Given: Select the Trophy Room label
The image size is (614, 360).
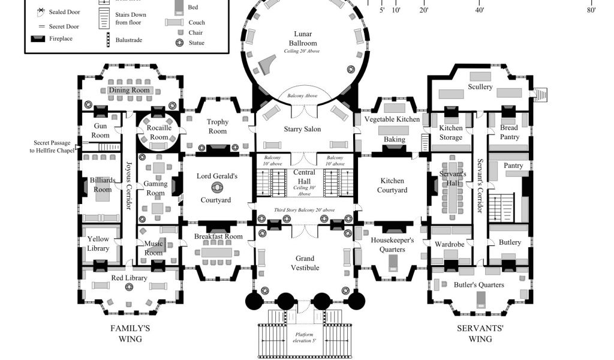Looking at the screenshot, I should pyautogui.click(x=218, y=127).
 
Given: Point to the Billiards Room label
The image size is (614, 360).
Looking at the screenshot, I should pyautogui.click(x=103, y=184).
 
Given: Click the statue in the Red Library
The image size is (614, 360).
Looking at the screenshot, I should pyautogui.click(x=129, y=288).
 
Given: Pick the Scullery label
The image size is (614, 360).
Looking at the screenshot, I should pyautogui.click(x=480, y=87).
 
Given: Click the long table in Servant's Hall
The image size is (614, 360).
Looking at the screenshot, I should pyautogui.click(x=452, y=190).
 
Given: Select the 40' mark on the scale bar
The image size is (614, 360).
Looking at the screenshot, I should pyautogui.click(x=480, y=10).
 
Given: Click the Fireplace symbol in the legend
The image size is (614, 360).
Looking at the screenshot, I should pyautogui.click(x=38, y=39).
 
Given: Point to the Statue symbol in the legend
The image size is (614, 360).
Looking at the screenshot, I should pyautogui.click(x=179, y=43).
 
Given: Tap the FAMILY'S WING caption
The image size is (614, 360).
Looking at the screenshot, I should pyautogui.click(x=130, y=334).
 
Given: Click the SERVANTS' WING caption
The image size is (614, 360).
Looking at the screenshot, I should pyautogui.click(x=480, y=334).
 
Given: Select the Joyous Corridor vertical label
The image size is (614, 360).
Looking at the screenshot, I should pyautogui.click(x=128, y=186).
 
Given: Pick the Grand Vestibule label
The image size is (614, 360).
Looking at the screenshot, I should pyautogui.click(x=305, y=263).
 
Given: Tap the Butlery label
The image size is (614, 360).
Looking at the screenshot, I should pyautogui.click(x=510, y=242).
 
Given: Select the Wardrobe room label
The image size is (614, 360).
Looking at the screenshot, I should pyautogui.click(x=449, y=244).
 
